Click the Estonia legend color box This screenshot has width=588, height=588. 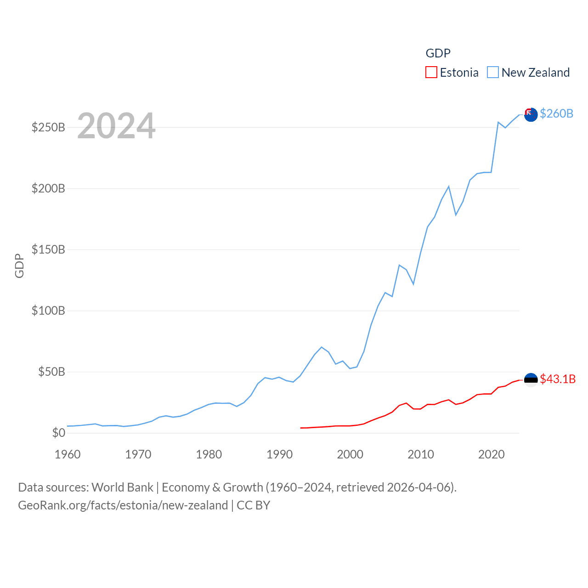(431, 73)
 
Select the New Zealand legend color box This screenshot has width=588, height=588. (492, 73)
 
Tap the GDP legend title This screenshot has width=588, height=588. (438, 53)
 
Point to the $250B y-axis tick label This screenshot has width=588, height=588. (48, 127)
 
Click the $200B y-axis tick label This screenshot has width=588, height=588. (48, 188)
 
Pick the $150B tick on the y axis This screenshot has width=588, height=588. (48, 249)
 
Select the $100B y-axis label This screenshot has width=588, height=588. (48, 311)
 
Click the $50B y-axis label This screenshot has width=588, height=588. (51, 372)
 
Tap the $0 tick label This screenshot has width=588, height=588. (59, 433)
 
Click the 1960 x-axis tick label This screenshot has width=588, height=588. (68, 454)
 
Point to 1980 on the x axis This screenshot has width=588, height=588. (209, 454)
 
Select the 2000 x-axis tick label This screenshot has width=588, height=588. (350, 454)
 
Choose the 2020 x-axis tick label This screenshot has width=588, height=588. (491, 454)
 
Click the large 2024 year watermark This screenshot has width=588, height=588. (116, 126)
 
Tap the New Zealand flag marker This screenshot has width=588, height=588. (531, 115)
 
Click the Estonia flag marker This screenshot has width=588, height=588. (531, 379)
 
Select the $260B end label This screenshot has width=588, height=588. (556, 113)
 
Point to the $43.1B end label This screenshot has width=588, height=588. (557, 379)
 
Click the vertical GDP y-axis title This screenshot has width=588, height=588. (19, 266)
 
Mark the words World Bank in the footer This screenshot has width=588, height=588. (122, 487)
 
